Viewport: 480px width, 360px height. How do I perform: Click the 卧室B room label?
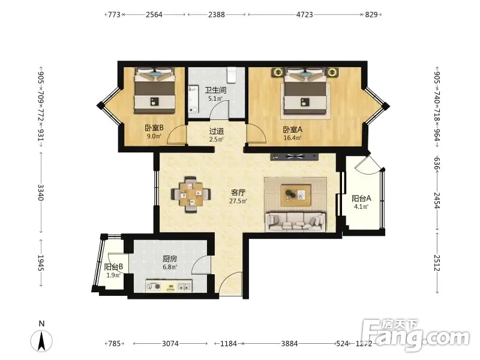154,128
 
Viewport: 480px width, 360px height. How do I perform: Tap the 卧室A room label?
292,130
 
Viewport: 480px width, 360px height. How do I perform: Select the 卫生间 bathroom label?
215,90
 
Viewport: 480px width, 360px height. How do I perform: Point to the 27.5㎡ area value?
238,201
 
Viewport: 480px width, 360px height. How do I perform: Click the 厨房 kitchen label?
170,259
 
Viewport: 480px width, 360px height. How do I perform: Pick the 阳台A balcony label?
361,199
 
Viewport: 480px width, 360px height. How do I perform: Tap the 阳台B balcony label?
113,267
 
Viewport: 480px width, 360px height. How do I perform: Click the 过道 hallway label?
217,131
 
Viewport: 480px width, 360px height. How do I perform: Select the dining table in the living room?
191,194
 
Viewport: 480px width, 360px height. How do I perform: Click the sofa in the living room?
295,221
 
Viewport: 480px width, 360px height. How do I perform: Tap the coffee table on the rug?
296,195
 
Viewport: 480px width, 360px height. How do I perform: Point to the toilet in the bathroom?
232,75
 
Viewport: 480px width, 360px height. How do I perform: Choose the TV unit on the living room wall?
295,157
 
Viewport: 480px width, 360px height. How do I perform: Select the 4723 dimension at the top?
305,14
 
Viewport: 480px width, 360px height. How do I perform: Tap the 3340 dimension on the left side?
41,192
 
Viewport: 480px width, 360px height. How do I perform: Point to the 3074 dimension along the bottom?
170,343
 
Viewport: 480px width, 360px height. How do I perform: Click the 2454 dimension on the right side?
437,200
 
